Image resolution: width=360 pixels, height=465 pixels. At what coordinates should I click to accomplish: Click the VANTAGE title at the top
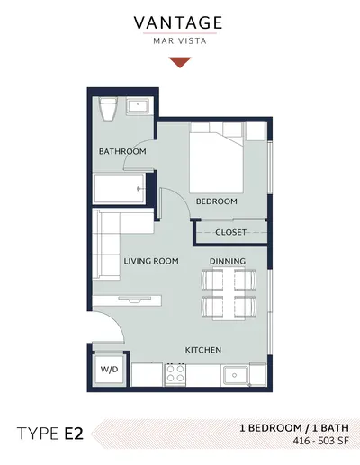pyautogui.click(x=178, y=23)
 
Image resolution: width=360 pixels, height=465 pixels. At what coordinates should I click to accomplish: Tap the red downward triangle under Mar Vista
pyautogui.click(x=180, y=62)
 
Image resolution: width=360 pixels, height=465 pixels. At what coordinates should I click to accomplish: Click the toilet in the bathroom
pyautogui.click(x=108, y=110)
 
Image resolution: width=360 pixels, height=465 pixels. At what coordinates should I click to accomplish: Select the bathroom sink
pyautogui.click(x=138, y=106)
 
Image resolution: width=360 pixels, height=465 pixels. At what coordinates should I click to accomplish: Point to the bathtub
pyautogui.click(x=120, y=189)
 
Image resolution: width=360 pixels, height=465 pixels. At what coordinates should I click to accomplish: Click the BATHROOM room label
pyautogui.click(x=122, y=151)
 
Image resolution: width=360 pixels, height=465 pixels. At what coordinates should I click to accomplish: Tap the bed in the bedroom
pyautogui.click(x=216, y=158)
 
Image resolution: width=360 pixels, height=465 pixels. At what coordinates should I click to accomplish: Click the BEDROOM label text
pyautogui.click(x=217, y=201)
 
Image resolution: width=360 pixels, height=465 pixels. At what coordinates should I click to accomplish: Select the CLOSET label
pyautogui.click(x=230, y=232)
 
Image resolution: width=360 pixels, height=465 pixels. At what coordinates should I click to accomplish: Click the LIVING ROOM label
pyautogui.click(x=151, y=261)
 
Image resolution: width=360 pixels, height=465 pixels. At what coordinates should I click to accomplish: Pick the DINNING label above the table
pyautogui.click(x=228, y=261)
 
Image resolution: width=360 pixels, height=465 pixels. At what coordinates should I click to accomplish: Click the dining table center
pyautogui.click(x=229, y=294)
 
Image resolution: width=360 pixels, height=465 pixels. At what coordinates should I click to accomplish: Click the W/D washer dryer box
pyautogui.click(x=109, y=370)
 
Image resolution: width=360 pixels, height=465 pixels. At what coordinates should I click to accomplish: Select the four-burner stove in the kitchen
pyautogui.click(x=175, y=373)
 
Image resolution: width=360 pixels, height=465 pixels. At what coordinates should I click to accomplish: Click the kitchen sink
pyautogui.click(x=235, y=375)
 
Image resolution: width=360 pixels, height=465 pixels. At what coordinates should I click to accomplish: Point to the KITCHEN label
pyautogui.click(x=203, y=350)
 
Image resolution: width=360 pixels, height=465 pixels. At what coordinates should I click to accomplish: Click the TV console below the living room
pyautogui.click(x=127, y=300)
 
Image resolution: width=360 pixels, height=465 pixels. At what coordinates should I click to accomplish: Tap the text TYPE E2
pyautogui.click(x=50, y=434)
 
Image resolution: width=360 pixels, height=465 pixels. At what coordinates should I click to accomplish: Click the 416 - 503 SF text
pyautogui.click(x=321, y=441)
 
